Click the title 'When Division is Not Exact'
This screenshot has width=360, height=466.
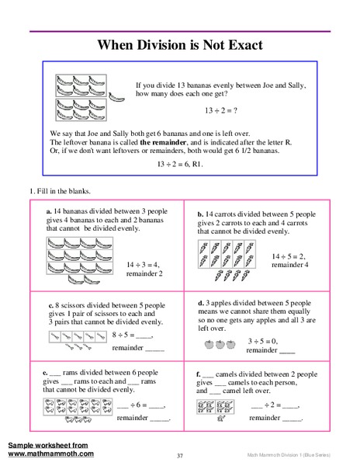tap(179, 45)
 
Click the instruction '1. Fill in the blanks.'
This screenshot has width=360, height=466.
tap(63, 191)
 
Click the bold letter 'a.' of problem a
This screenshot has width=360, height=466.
tap(49, 210)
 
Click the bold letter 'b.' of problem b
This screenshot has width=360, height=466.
tap(199, 214)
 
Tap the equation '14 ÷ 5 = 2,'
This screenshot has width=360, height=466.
tap(292, 255)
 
